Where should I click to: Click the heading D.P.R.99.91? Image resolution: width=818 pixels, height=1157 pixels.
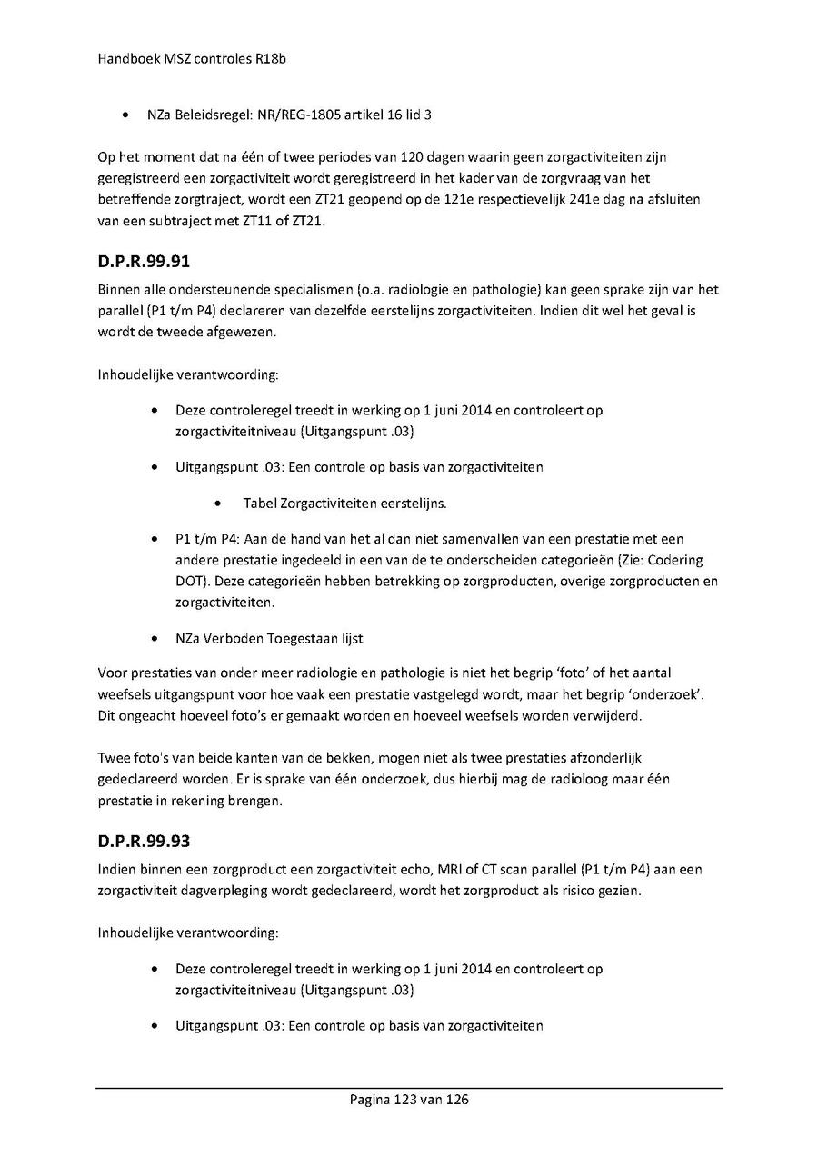[143, 264]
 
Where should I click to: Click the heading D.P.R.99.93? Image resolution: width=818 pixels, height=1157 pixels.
[143, 843]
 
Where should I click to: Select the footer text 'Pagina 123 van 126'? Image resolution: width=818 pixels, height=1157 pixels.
[409, 1100]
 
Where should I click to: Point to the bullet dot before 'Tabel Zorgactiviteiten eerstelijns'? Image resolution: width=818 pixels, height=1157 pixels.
[219, 504]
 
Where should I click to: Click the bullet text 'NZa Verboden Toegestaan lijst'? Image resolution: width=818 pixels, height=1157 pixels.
[269, 638]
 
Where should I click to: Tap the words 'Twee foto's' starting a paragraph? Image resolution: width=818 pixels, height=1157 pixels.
[131, 757]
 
